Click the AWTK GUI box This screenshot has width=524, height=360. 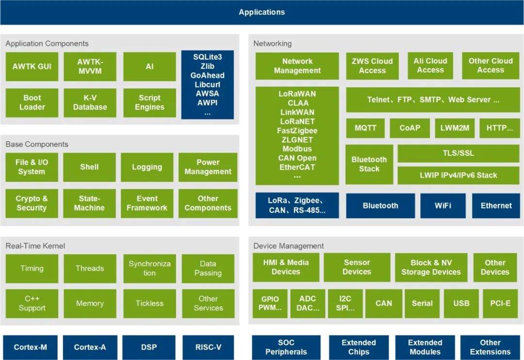[x=32, y=66]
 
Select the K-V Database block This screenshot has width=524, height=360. [x=90, y=102]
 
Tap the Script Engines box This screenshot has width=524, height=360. [x=149, y=102]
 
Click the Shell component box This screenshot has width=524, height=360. [x=89, y=167]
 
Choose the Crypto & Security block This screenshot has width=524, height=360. [x=32, y=203]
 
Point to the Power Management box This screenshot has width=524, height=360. [x=208, y=167]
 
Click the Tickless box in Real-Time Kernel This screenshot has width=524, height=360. [x=149, y=304]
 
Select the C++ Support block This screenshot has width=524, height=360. [x=32, y=304]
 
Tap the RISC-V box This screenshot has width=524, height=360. [x=208, y=347]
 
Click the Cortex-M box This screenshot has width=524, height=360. [x=30, y=347]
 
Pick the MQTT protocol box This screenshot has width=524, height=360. [x=365, y=129]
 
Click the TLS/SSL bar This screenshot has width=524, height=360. [x=458, y=153]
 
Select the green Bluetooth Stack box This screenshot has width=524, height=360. [x=369, y=164]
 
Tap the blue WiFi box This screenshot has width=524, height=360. [x=442, y=206]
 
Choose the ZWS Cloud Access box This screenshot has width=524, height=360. [x=372, y=66]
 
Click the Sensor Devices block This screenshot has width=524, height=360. [x=357, y=267]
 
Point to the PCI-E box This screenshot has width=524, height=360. [x=500, y=304]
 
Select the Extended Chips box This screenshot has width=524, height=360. [x=359, y=347]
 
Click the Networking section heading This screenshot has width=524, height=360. [x=272, y=44]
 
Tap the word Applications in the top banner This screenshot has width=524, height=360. [x=262, y=12]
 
